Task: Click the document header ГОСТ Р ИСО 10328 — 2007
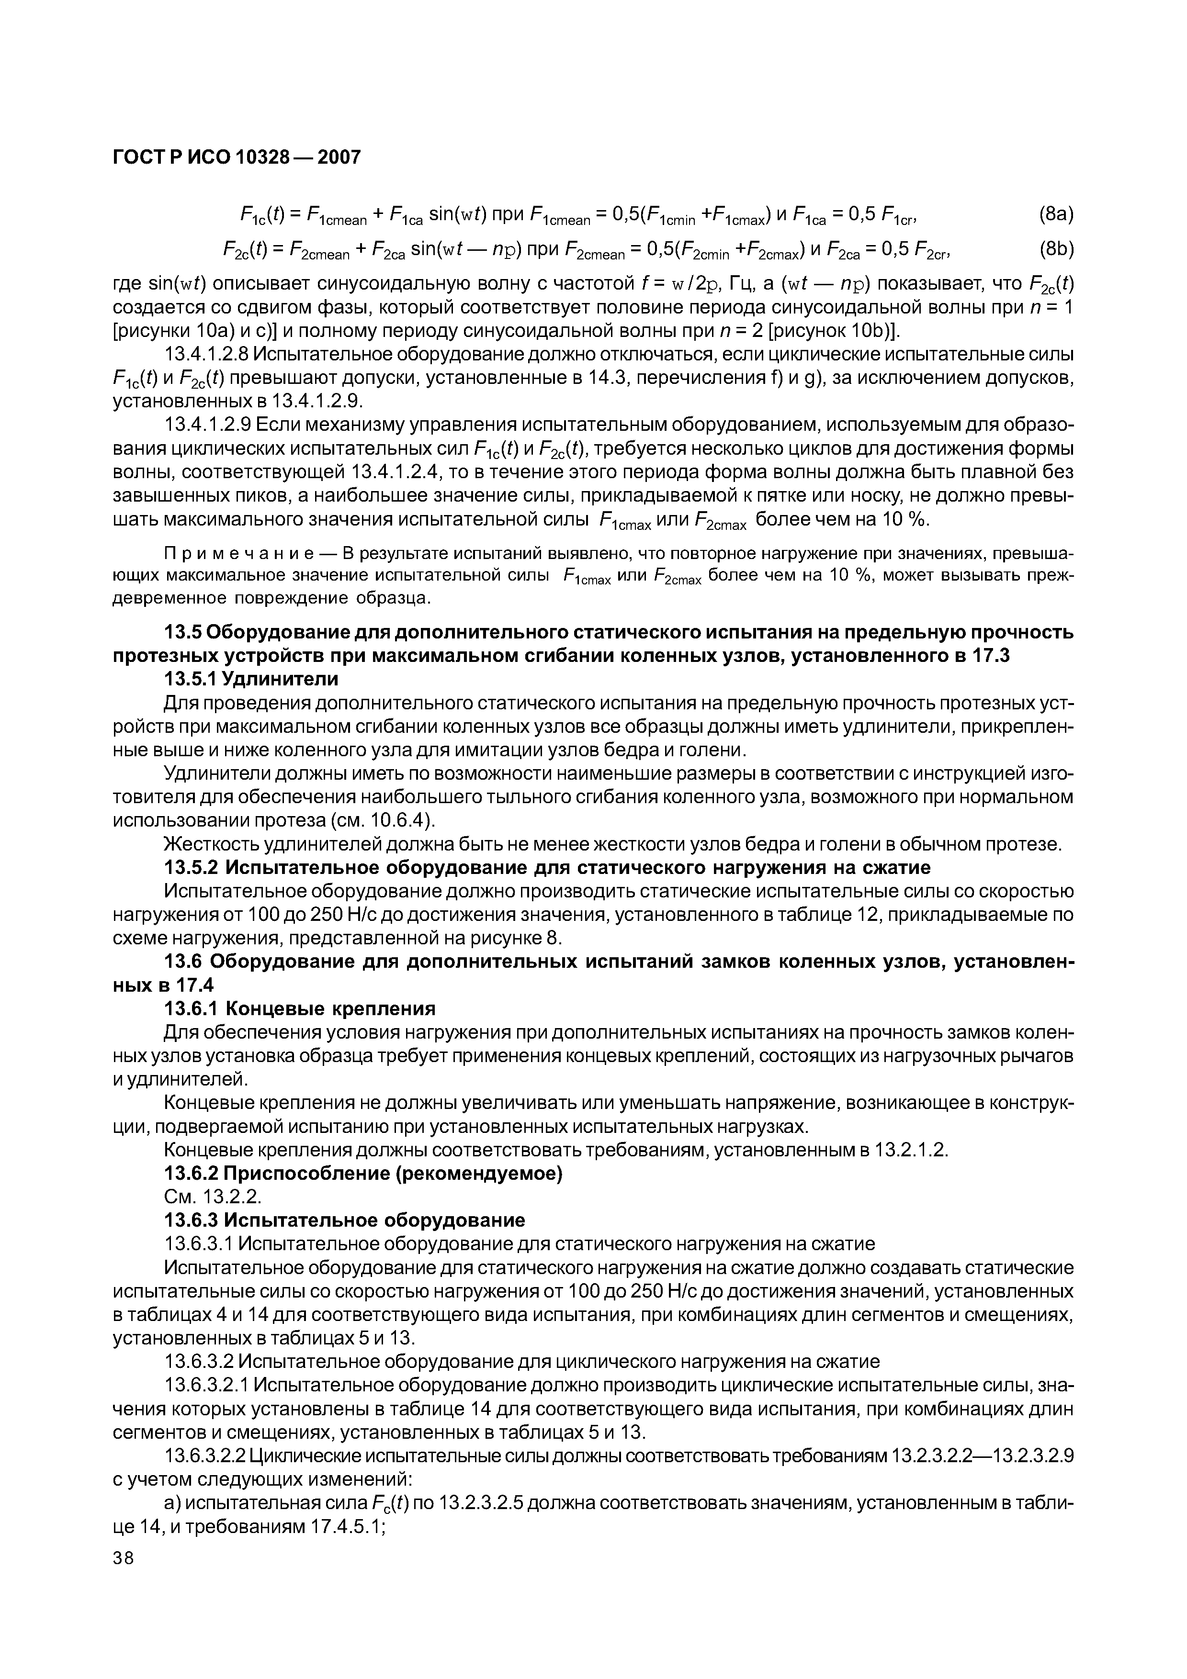click(x=237, y=157)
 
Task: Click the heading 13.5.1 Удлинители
click(x=251, y=679)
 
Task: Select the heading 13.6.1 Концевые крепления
click(x=300, y=1009)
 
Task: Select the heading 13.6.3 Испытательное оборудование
click(x=344, y=1220)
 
